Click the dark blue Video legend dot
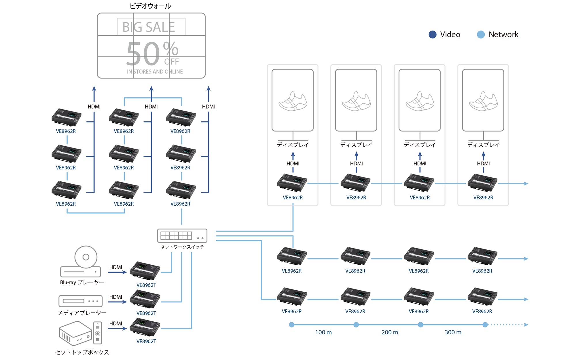(x=432, y=35)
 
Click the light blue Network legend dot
(x=481, y=35)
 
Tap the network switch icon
(x=182, y=236)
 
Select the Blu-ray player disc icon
(x=86, y=257)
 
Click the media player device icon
(x=80, y=301)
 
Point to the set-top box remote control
(x=98, y=333)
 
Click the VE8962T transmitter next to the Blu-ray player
(x=145, y=270)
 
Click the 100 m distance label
(x=323, y=332)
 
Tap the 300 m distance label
(x=453, y=332)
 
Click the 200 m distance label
(x=390, y=332)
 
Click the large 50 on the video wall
(x=143, y=54)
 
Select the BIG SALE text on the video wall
(x=149, y=27)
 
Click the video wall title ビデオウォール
(x=150, y=6)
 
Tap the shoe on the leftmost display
(x=293, y=101)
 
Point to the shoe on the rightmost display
(x=483, y=101)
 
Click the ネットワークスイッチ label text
(x=182, y=247)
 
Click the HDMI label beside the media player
(x=116, y=297)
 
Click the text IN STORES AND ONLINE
(x=155, y=72)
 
